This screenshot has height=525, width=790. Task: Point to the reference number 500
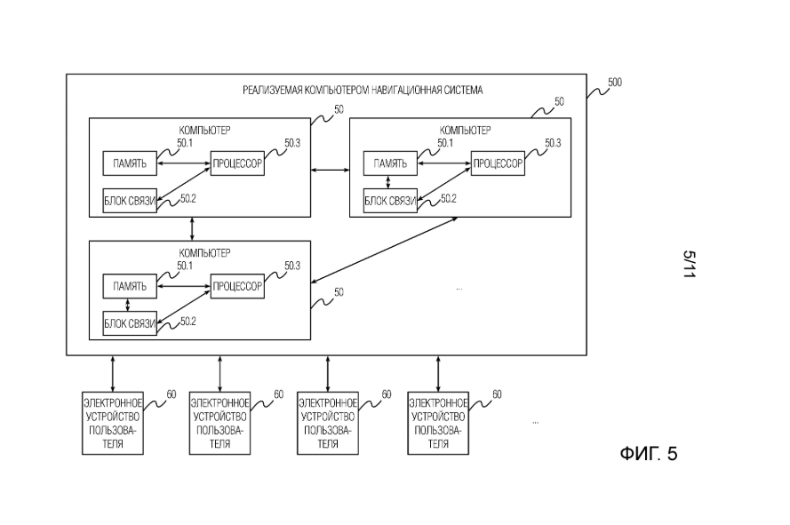pos(614,83)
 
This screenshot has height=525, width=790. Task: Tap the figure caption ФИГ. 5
pos(648,454)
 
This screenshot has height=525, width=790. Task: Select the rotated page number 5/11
pos(687,264)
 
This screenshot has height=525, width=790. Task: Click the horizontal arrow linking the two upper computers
pos(330,169)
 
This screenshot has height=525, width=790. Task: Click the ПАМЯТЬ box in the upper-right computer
pos(391,164)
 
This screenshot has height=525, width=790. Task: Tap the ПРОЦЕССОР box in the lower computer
pos(237,287)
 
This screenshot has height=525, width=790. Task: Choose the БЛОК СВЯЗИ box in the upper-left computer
pos(130,202)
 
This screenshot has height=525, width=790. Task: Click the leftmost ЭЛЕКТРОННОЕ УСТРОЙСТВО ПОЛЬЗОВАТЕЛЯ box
pos(112,421)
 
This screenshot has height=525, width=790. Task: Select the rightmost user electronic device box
pos(438,421)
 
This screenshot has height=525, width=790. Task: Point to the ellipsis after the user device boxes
pos(535,422)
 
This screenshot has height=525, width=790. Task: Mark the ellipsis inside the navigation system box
pos(459,288)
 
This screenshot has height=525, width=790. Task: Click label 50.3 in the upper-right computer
pos(553,143)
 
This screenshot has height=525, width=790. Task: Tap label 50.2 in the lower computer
pos(188,322)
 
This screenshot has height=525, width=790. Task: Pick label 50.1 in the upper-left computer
pos(185,142)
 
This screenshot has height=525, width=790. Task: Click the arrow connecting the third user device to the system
pos(329,373)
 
